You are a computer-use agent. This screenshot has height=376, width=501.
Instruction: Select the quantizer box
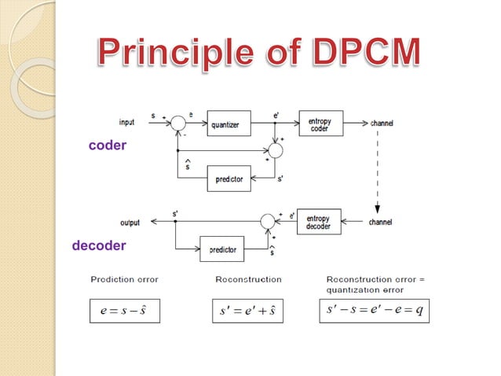point(229,123)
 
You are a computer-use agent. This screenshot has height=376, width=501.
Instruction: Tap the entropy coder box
point(320,123)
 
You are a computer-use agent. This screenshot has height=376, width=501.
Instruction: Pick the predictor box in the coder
point(229,179)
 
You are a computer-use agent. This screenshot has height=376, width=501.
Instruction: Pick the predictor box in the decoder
point(222,250)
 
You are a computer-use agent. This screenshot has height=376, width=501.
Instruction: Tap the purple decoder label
point(98,245)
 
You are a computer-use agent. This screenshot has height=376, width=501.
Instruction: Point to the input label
point(126,122)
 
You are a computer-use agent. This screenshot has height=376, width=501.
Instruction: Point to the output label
point(130,223)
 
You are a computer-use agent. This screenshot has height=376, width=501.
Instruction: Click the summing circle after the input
point(177,123)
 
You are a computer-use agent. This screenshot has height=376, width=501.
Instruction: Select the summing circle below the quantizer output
point(275,150)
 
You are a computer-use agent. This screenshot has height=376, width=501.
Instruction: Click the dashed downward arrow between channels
point(378,173)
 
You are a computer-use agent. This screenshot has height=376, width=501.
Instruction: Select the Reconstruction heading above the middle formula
point(248,279)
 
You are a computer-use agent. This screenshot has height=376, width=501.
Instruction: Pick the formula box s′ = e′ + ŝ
point(247,310)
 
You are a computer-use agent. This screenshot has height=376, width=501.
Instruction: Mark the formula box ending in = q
point(375,310)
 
